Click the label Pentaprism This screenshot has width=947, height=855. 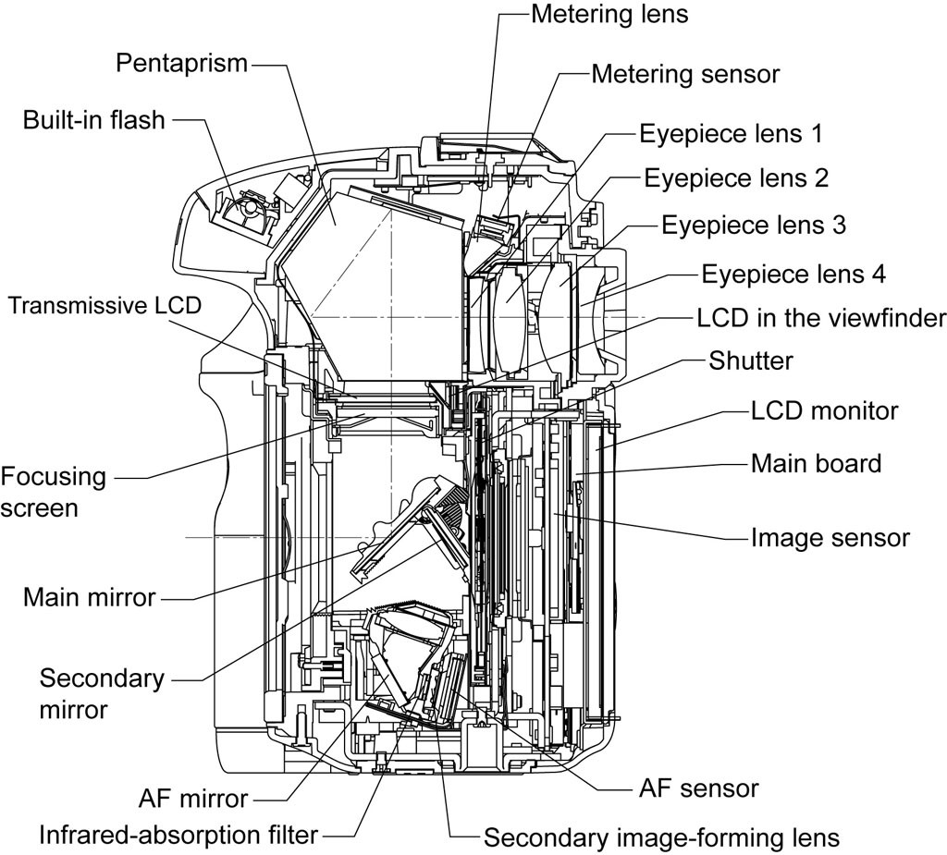tap(182, 64)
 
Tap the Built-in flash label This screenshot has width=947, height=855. tap(93, 119)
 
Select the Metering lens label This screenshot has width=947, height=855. tap(609, 15)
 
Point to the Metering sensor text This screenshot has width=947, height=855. tap(685, 74)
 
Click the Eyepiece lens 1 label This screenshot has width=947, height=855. tap(731, 133)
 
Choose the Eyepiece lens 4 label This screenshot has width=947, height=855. tap(793, 275)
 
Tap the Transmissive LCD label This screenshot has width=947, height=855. tap(105, 306)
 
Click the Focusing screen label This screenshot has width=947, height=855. tap(53, 492)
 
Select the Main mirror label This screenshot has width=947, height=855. tap(90, 597)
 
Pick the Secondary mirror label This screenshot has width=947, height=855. tap(102, 694)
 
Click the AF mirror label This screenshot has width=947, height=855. tap(193, 799)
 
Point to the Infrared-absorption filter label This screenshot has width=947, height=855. tap(178, 836)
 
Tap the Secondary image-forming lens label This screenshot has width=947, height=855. tap(662, 838)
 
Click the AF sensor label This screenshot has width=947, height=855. tap(699, 788)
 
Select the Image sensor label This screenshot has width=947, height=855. tap(830, 538)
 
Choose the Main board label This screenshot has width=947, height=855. tap(817, 464)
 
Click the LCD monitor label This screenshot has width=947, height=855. tap(824, 411)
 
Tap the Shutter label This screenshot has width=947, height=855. tap(751, 361)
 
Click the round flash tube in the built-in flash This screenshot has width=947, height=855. tap(250, 208)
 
